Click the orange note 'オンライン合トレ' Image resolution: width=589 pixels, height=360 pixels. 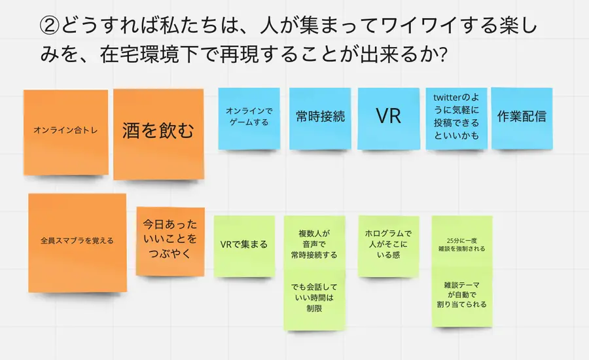(65, 131)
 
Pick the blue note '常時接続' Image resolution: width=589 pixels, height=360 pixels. (320, 117)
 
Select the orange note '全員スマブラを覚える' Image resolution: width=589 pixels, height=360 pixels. (77, 241)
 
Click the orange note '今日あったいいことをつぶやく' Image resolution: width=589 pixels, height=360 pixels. (170, 241)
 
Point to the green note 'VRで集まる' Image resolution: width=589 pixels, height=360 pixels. (244, 245)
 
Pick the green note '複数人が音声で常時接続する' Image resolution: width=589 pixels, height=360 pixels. (314, 243)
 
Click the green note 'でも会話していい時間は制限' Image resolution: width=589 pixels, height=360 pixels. (313, 297)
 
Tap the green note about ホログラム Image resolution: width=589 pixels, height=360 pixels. (388, 244)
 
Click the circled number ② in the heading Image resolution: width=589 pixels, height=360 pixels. (50, 27)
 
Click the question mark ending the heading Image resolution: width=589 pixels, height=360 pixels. (441, 55)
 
